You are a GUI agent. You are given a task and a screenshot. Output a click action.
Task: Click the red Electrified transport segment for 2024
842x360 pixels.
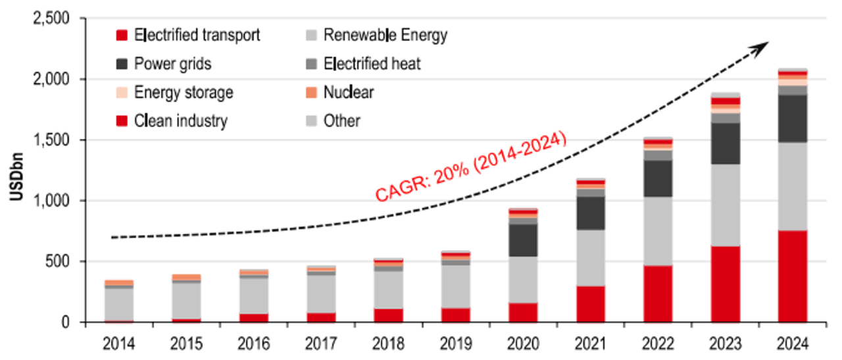coord(793,276)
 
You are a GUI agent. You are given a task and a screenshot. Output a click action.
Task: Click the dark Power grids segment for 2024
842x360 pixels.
coord(793,118)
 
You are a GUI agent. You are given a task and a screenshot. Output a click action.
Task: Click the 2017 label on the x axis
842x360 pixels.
coord(321,344)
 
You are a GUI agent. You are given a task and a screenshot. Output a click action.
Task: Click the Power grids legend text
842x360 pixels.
coord(172,64)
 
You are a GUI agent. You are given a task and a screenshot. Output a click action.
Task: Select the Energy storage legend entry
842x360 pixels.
coord(183,92)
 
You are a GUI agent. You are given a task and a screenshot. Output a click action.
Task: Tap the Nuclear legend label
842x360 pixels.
coord(348,92)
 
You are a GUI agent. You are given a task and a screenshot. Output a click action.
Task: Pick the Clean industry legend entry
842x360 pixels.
coord(180,120)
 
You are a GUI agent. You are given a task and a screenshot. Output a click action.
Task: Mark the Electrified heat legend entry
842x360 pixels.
coord(372,64)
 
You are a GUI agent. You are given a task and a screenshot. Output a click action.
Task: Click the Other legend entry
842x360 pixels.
coord(341,120)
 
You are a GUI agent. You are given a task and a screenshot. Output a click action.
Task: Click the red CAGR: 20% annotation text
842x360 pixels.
coord(471,167)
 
